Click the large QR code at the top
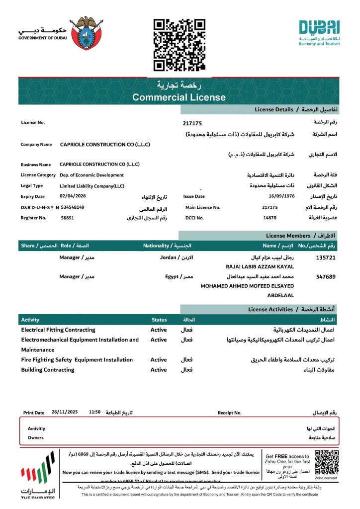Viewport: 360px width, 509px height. (180, 45)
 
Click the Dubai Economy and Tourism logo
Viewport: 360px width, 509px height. (319, 33)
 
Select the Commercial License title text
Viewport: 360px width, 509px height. (179, 97)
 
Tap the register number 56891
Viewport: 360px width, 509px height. (68, 218)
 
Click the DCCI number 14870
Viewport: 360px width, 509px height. (270, 218)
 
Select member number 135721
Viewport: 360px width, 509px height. (326, 258)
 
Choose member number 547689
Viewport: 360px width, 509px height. (326, 276)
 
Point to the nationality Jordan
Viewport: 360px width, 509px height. (169, 257)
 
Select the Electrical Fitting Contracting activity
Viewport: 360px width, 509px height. (58, 330)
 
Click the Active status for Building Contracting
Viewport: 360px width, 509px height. (159, 370)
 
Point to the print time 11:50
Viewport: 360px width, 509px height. (94, 413)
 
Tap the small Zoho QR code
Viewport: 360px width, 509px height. (327, 462)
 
